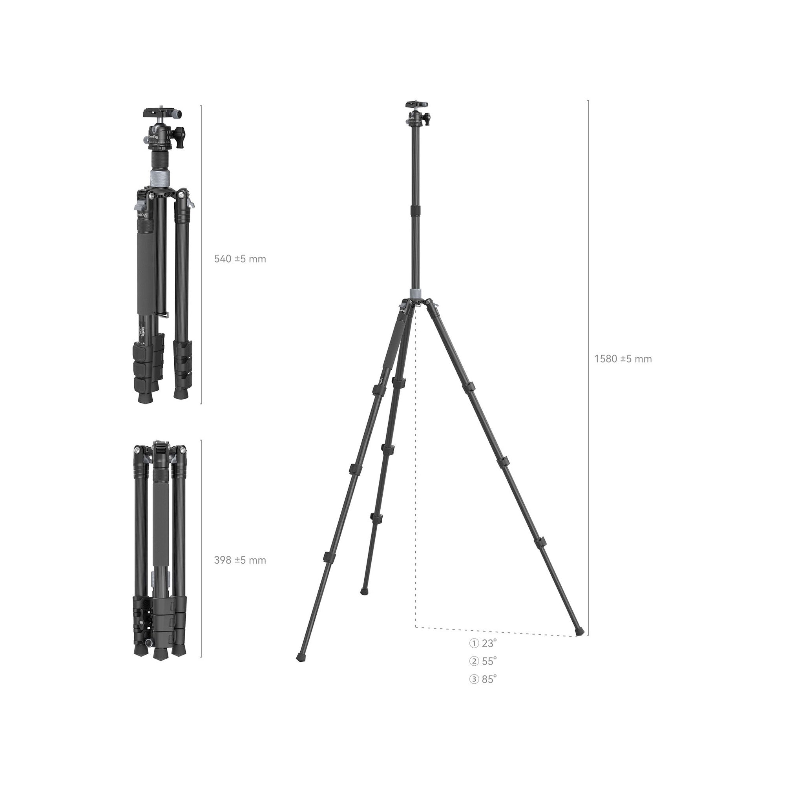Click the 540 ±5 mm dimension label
tap(240, 259)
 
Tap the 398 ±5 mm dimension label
tap(240, 560)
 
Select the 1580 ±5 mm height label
tap(623, 359)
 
